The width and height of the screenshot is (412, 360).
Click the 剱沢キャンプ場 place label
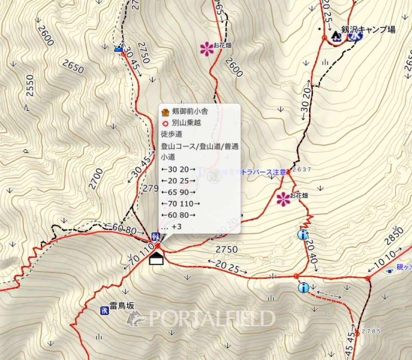click(368, 30)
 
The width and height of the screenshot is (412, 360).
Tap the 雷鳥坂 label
click(121, 305)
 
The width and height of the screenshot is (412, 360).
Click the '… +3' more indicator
click(171, 226)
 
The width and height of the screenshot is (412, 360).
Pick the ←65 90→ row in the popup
click(178, 192)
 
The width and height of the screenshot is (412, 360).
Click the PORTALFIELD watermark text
click(210, 318)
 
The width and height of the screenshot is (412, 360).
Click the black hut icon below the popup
click(157, 259)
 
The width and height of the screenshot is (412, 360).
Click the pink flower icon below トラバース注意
click(283, 199)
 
